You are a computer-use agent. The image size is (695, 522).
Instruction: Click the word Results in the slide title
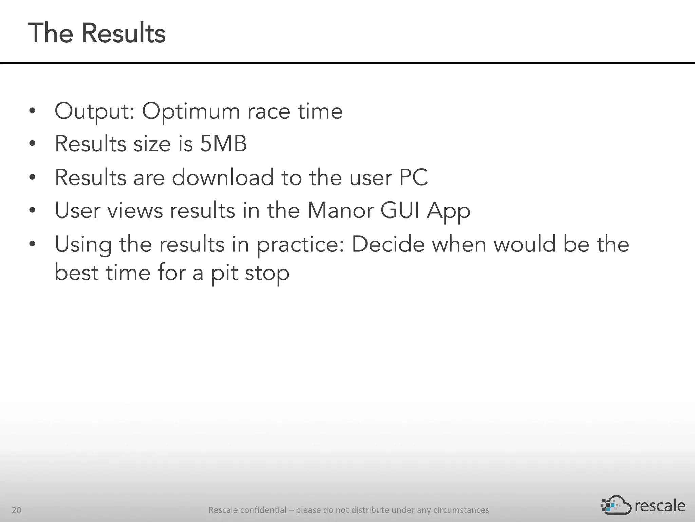tap(124, 33)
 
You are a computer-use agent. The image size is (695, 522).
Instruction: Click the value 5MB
tap(223, 144)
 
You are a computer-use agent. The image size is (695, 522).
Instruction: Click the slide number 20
tap(16, 510)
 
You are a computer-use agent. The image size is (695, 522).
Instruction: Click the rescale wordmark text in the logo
tap(660, 506)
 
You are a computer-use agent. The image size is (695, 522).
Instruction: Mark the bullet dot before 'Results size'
tap(32, 144)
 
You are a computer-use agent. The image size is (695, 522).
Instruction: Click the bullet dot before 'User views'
tap(32, 211)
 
